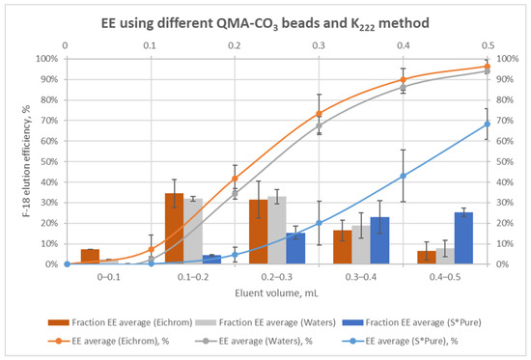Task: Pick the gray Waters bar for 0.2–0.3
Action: tap(276, 230)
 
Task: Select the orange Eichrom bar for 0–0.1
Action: tap(90, 257)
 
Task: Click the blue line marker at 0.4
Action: tap(403, 176)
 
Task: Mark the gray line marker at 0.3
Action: tap(319, 125)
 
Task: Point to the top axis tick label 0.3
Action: tap(319, 44)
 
